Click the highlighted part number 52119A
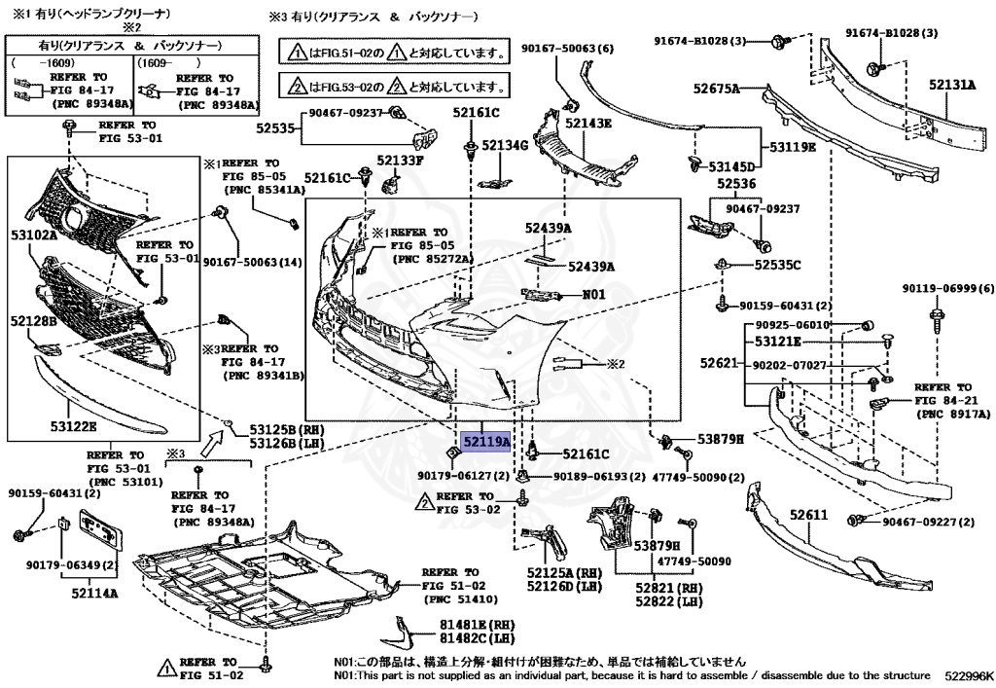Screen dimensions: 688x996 pyautogui.click(x=485, y=441)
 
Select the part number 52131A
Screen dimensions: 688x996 pyautogui.click(x=951, y=85)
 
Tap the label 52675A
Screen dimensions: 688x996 pyautogui.click(x=717, y=89)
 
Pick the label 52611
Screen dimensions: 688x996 pyautogui.click(x=808, y=515)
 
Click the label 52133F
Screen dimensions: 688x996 pyautogui.click(x=400, y=160)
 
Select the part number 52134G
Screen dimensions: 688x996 pyautogui.click(x=506, y=146)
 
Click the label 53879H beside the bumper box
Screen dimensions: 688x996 pyautogui.click(x=720, y=440)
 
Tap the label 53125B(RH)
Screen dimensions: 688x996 pyautogui.click(x=272, y=430)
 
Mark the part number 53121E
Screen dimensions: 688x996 pyautogui.click(x=775, y=342)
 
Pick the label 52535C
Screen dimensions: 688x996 pyautogui.click(x=775, y=265)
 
